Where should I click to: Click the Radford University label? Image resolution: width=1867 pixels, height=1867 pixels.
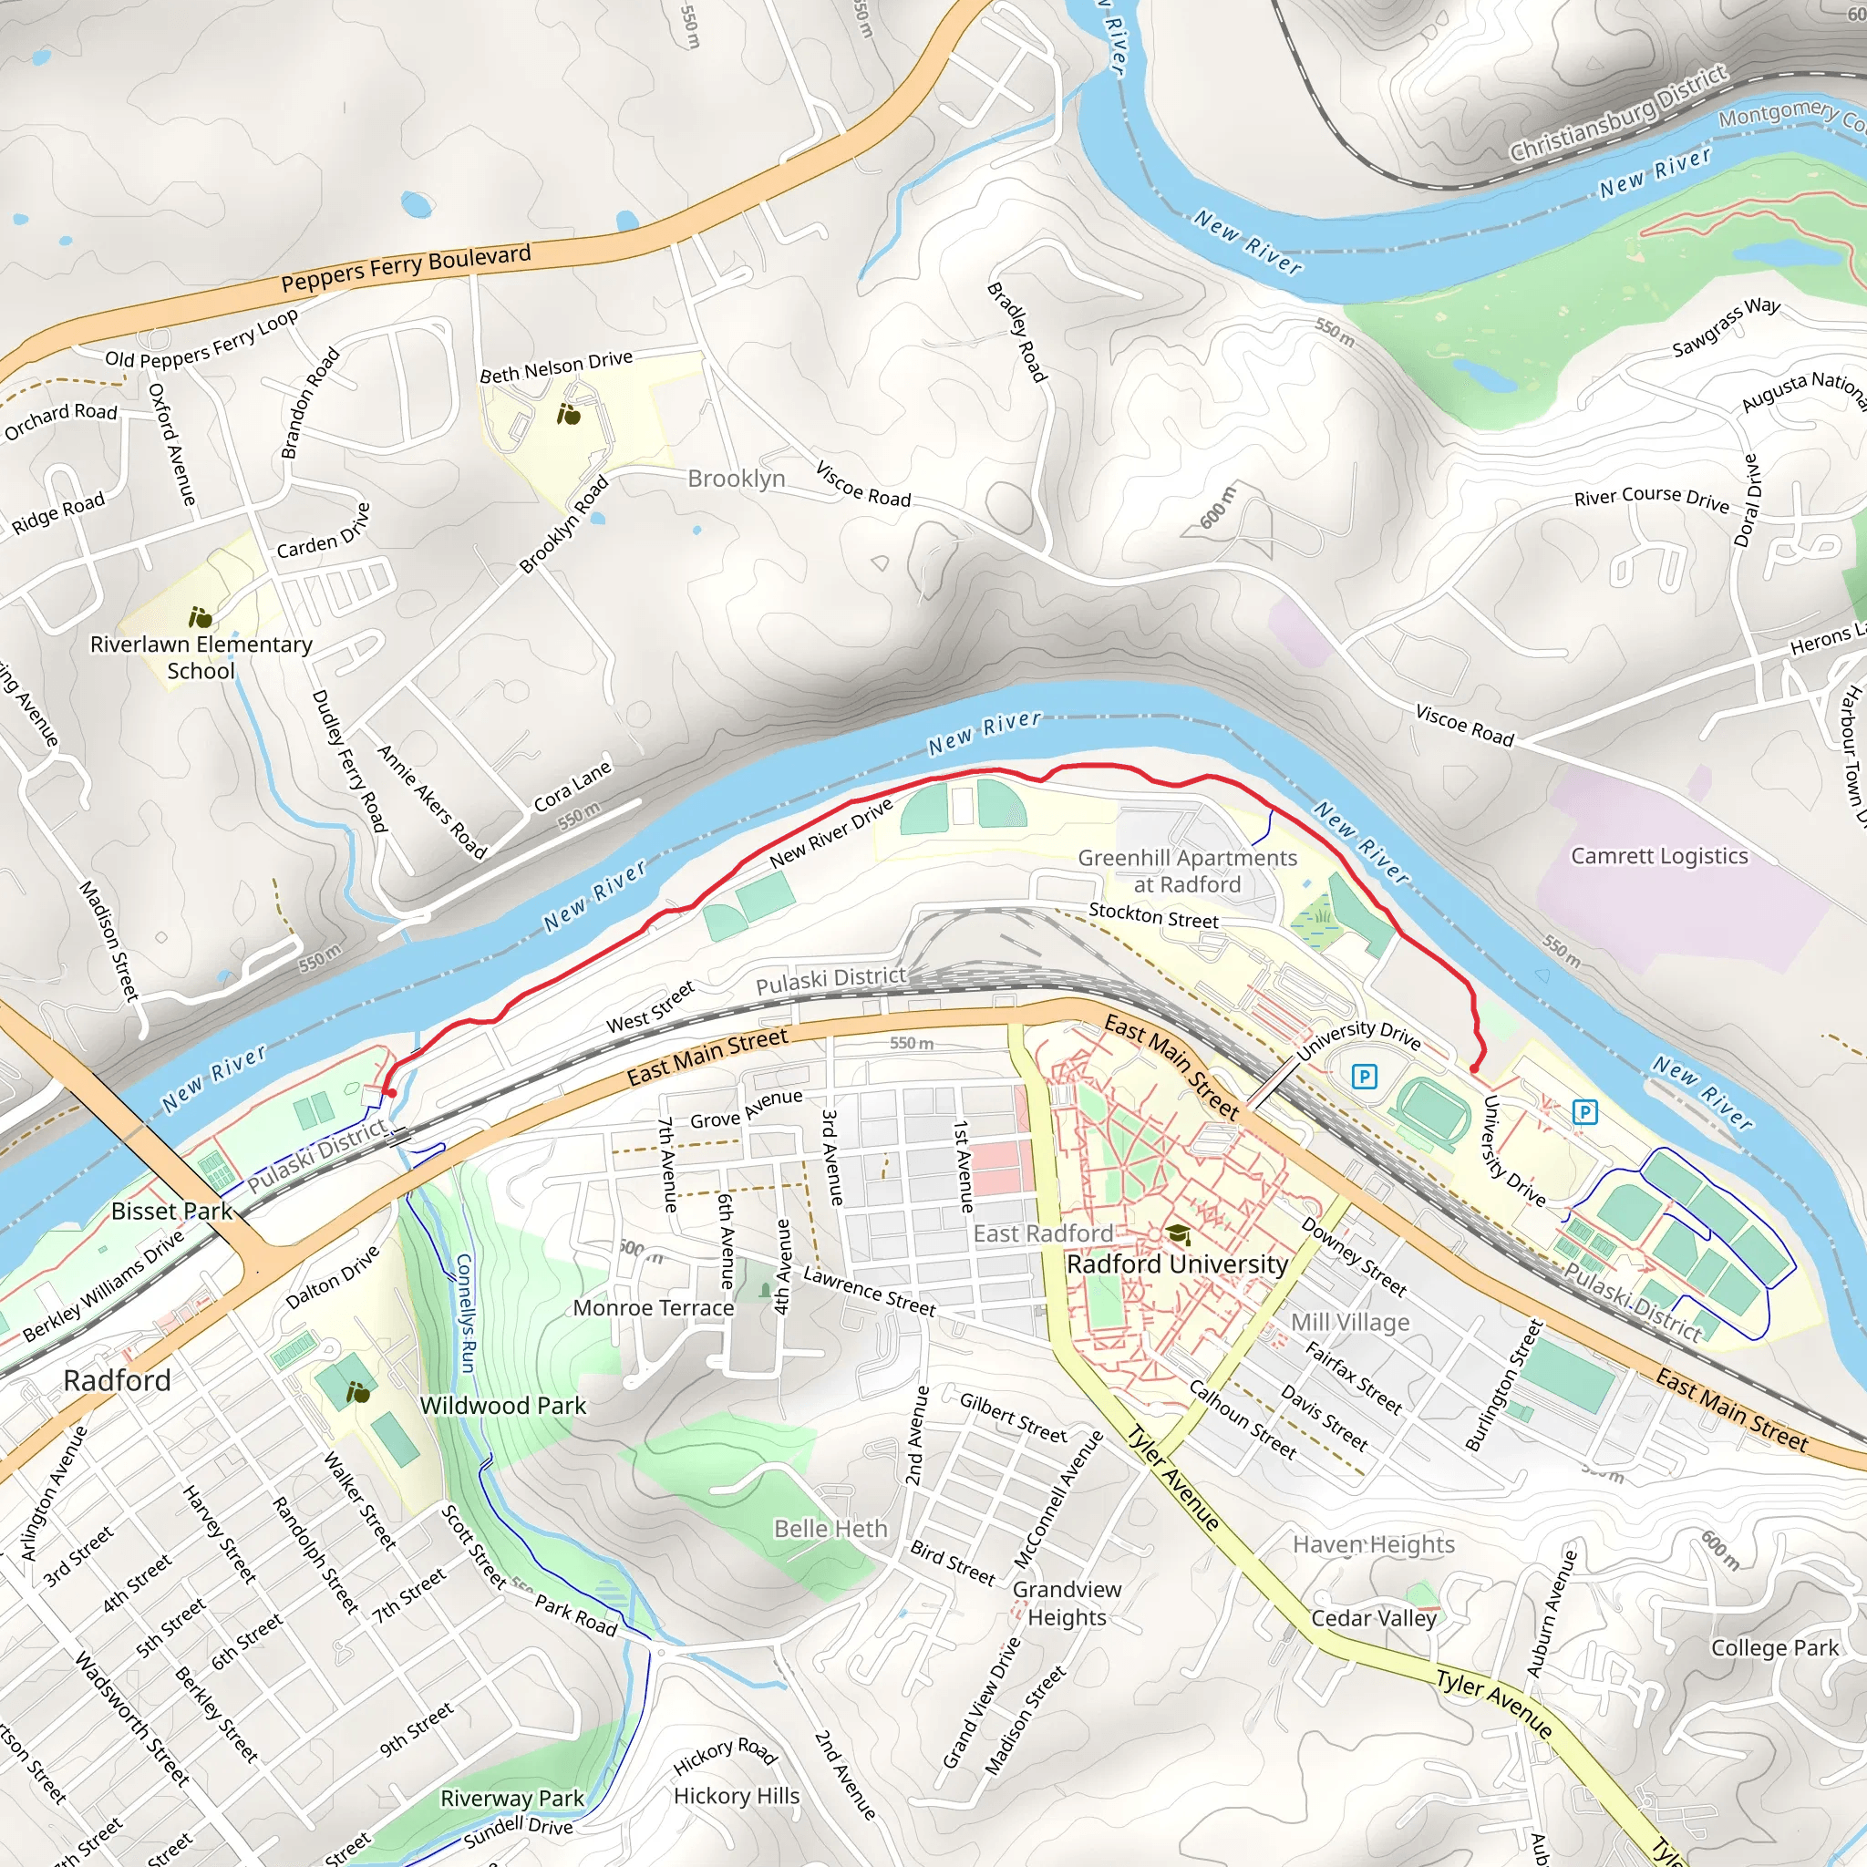[1177, 1264]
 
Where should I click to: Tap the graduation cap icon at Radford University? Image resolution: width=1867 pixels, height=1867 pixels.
[1177, 1234]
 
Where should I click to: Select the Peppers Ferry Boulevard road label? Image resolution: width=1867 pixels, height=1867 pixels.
[406, 269]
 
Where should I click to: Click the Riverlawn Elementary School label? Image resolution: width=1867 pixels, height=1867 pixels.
[201, 657]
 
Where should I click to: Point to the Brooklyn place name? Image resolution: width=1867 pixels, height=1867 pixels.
[737, 479]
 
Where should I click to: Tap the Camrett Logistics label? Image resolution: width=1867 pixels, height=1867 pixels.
[1659, 855]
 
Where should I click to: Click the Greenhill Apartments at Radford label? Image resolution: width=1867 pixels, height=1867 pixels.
[1188, 871]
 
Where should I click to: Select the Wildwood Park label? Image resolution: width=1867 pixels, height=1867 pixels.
[502, 1405]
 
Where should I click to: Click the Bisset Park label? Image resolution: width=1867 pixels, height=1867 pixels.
[172, 1211]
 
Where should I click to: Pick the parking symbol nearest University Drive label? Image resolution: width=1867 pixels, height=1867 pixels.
[1364, 1076]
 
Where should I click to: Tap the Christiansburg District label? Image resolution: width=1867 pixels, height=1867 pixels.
[1619, 113]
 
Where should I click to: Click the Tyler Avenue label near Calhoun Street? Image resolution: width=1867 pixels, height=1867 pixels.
[1174, 1478]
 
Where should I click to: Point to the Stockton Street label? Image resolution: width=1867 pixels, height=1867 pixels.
[1153, 915]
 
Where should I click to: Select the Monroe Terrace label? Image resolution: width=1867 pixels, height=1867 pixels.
[654, 1307]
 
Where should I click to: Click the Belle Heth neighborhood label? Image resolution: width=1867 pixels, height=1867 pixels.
[830, 1528]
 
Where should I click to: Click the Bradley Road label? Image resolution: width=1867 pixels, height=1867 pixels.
[1016, 332]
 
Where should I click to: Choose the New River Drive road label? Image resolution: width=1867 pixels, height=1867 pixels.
[831, 833]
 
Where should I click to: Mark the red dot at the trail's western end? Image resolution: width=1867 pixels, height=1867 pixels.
[391, 1093]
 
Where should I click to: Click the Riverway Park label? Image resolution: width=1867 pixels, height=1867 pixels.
[512, 1798]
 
